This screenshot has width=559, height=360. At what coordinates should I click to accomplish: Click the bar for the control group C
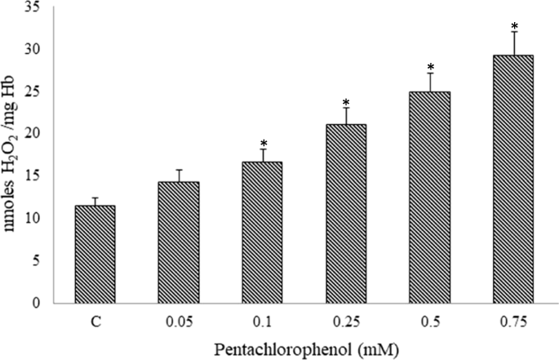click(x=95, y=254)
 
